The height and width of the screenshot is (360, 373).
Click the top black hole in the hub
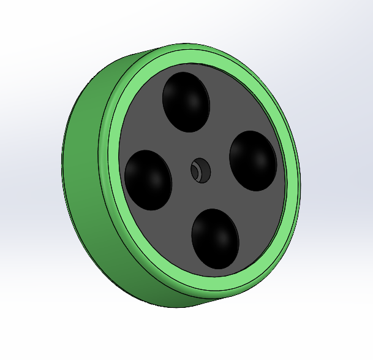(x=186, y=102)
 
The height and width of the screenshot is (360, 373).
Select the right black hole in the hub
(x=252, y=160)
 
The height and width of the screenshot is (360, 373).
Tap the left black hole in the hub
(x=148, y=180)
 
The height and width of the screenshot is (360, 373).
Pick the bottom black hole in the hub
(x=214, y=238)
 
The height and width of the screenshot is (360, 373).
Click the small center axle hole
(x=200, y=170)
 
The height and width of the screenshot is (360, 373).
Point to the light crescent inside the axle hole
(x=197, y=171)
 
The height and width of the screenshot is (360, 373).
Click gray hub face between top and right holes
(x=230, y=113)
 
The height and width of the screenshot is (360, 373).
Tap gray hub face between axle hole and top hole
(x=193, y=144)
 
